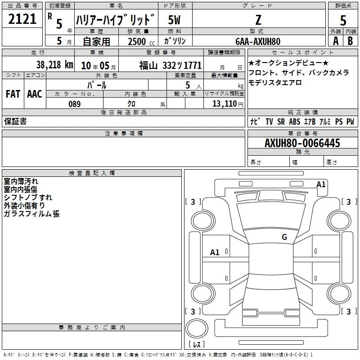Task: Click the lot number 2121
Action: pos(22,19)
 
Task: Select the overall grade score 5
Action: pos(343,20)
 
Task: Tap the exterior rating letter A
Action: pos(336,41)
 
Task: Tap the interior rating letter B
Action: pos(350,41)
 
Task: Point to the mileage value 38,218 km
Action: pos(54,65)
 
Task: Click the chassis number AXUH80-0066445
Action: pos(302,143)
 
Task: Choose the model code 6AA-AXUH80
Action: pos(258,41)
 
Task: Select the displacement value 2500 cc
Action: pos(141,41)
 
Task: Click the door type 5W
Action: pos(174,20)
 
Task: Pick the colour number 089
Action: pos(75,104)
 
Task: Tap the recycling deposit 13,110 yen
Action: pos(228,104)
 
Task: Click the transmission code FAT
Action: pos(13,94)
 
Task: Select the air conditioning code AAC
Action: pos(35,94)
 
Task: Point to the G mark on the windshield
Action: pos(284,237)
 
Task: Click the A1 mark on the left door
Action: pos(215,252)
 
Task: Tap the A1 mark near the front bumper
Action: pos(321,184)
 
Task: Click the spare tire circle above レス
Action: pos(197,328)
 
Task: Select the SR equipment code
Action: pos(281,121)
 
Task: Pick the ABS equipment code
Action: pos(295,121)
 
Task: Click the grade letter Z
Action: pos(258,20)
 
